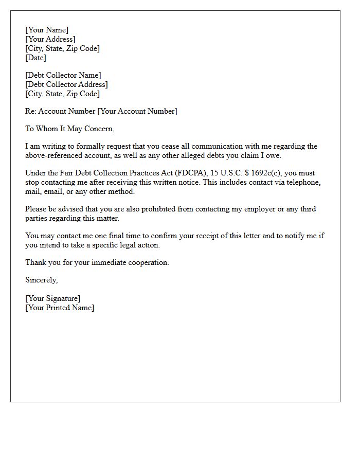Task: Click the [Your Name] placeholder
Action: click(47, 30)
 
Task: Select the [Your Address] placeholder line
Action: click(50, 39)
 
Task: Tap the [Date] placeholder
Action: click(35, 58)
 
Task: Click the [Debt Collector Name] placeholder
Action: click(63, 75)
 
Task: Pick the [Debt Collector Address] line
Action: click(67, 84)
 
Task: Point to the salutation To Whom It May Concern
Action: click(70, 129)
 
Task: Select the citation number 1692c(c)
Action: click(259, 173)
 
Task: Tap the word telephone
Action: click(304, 182)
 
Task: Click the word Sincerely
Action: click(42, 280)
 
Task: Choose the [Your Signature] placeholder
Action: click(53, 298)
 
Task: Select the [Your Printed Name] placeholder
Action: click(60, 308)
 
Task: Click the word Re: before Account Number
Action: click(31, 111)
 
